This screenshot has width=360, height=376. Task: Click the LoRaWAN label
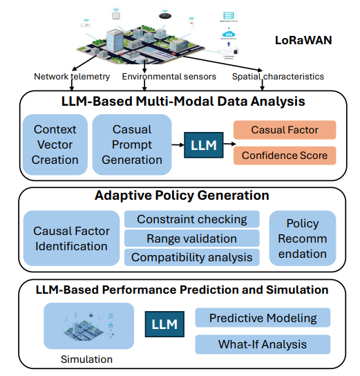[x=303, y=41]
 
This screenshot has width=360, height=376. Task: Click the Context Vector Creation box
[x=55, y=144]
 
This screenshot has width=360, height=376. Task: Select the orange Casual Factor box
[x=284, y=130]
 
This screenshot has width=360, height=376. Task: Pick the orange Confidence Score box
[x=284, y=155]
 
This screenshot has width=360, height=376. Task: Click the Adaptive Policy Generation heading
[x=182, y=196]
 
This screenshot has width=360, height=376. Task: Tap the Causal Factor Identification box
[x=70, y=238]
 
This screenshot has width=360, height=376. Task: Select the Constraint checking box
[x=191, y=220]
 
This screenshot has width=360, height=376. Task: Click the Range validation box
[x=191, y=238]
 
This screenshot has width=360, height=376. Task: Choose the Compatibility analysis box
[x=191, y=258]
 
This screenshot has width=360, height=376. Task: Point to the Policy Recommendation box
[x=303, y=238]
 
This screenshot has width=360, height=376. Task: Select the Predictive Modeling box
[x=263, y=318]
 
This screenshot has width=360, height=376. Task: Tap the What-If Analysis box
[x=263, y=344]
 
